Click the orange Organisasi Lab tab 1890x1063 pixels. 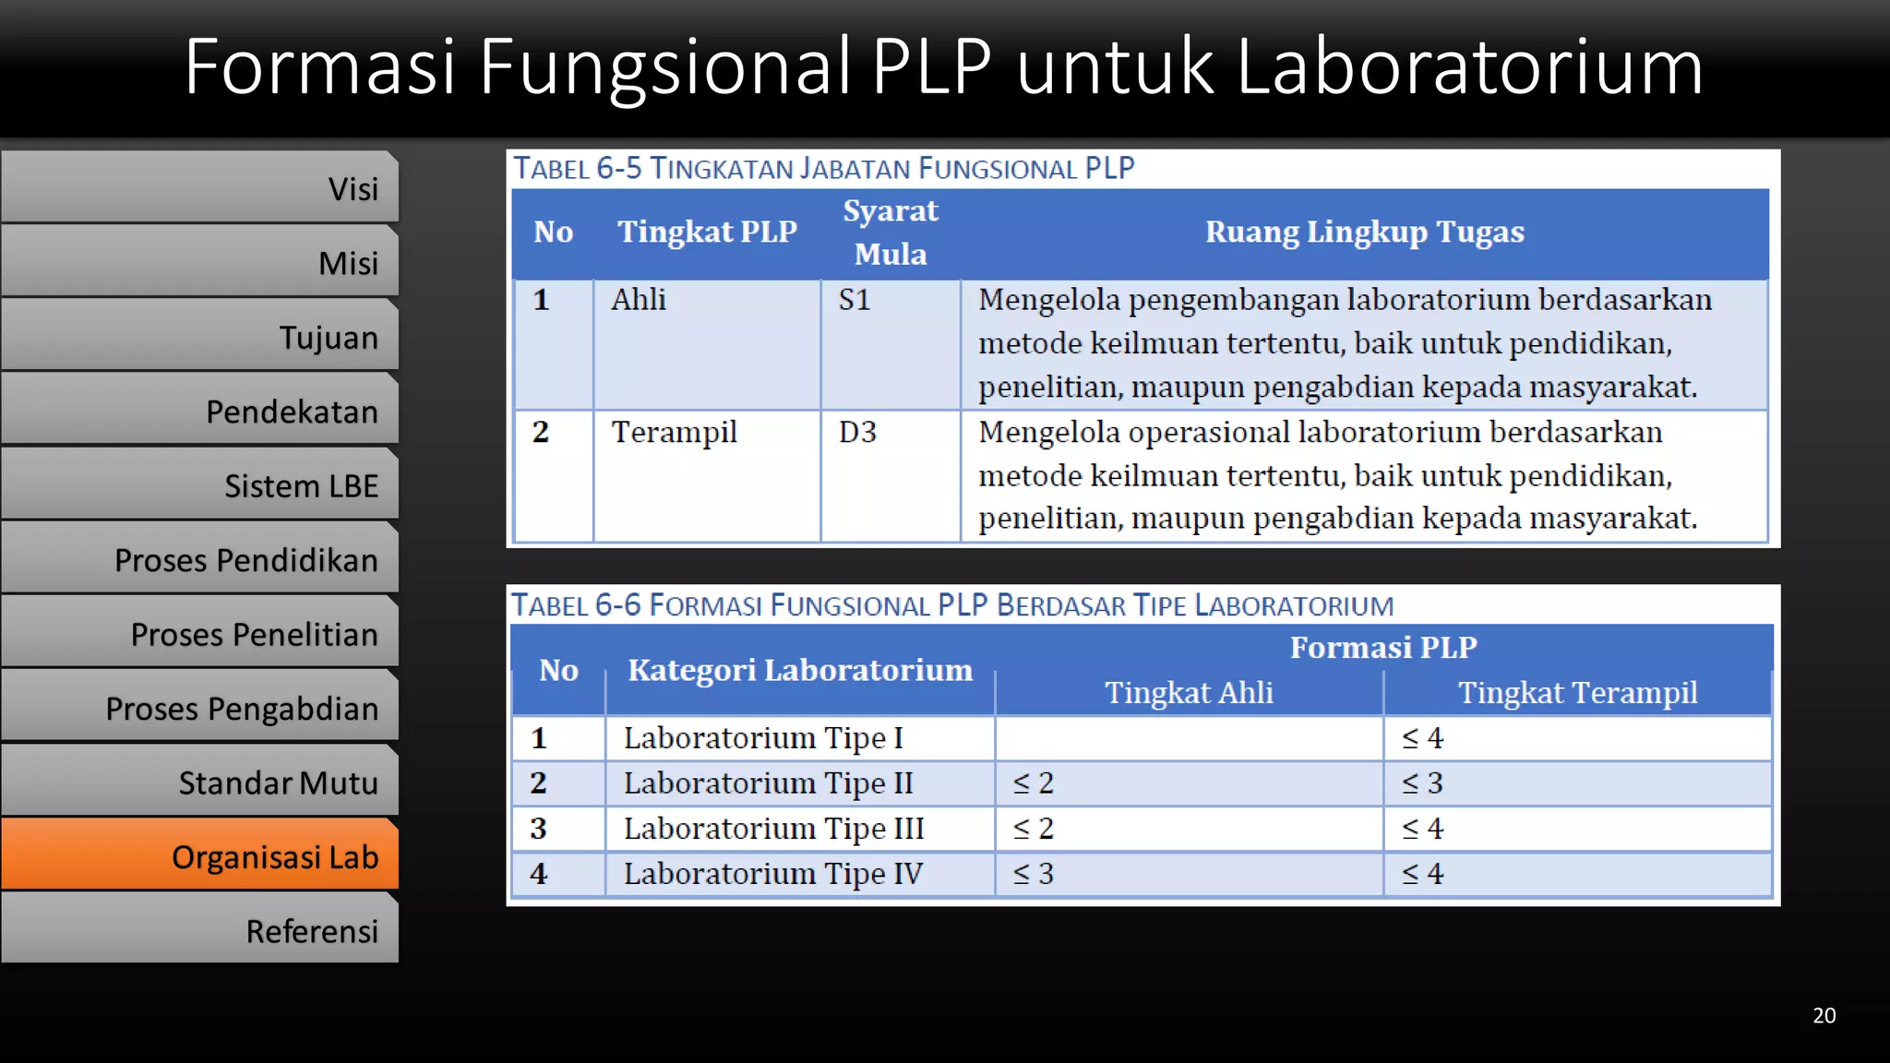[199, 855]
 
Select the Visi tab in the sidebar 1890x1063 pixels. [199, 187]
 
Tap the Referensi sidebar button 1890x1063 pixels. [199, 930]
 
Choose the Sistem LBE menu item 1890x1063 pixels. [199, 484]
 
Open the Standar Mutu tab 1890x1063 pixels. [199, 782]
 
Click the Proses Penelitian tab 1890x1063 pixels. [199, 633]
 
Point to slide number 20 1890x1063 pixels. [1824, 1015]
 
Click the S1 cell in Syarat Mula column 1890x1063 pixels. [855, 300]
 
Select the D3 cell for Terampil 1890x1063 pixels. [857, 432]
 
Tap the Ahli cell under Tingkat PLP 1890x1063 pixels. [639, 300]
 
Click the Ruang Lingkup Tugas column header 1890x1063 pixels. [1364, 232]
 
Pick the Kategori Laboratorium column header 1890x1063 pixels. [800, 670]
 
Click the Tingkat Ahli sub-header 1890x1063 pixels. [1189, 692]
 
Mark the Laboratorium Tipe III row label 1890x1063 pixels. [773, 829]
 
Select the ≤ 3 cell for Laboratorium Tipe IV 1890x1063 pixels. [1034, 874]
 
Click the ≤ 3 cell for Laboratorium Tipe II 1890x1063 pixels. [1422, 783]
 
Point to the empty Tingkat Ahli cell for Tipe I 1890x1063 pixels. [1189, 738]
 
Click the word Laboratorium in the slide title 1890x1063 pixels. [1468, 66]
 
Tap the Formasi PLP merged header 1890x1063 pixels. [1382, 647]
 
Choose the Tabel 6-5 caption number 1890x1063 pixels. [618, 168]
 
